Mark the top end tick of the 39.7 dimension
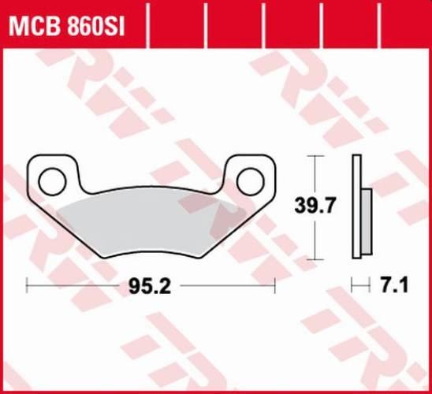point(316,155)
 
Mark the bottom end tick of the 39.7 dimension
point(316,258)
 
